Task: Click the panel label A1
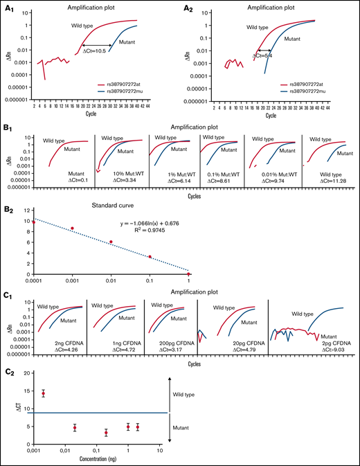[9, 7]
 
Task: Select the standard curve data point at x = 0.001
[71, 228]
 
